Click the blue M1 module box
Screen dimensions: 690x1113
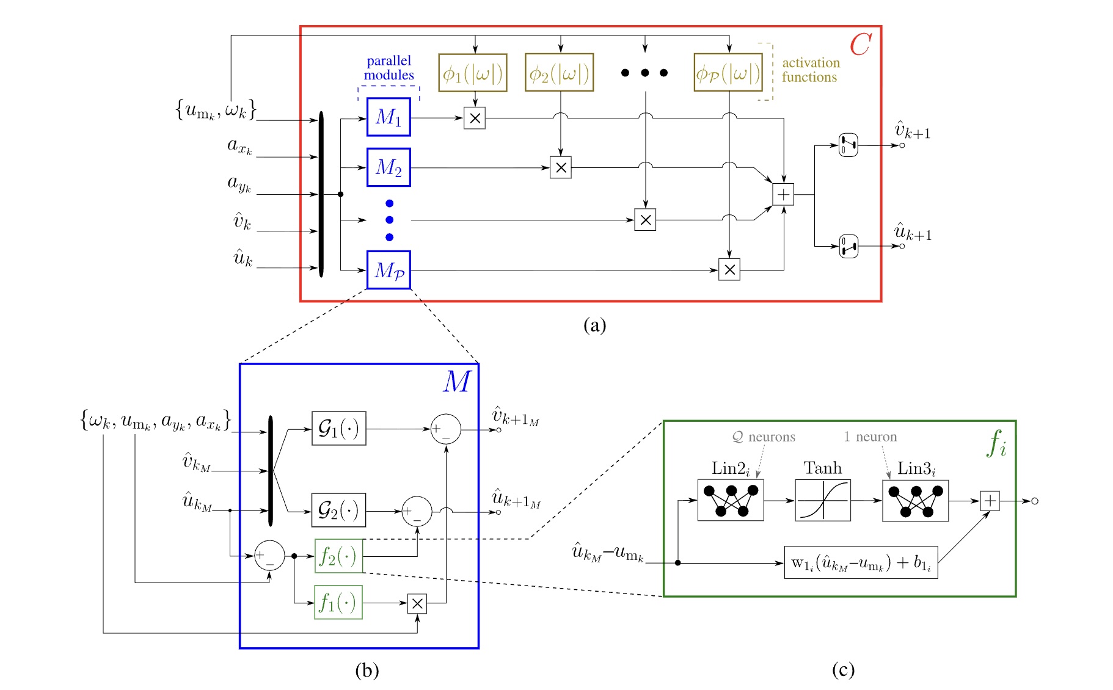point(388,117)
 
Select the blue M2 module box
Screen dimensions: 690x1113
point(388,167)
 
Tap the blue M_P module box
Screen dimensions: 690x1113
point(388,269)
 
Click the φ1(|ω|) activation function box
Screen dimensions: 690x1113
point(472,73)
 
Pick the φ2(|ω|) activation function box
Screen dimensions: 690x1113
point(559,73)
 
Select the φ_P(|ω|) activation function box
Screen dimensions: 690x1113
point(728,73)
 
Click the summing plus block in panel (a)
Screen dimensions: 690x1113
point(783,195)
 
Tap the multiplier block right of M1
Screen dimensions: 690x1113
point(475,118)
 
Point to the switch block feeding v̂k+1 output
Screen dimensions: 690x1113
point(848,145)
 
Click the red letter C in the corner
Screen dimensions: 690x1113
point(860,45)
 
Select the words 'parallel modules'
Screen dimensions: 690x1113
point(389,68)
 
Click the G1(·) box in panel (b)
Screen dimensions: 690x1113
point(338,429)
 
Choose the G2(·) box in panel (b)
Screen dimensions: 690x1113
point(338,510)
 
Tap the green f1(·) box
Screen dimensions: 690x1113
point(338,602)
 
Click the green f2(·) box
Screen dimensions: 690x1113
point(338,556)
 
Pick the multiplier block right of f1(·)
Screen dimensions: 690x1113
point(417,604)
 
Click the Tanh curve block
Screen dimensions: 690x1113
point(822,500)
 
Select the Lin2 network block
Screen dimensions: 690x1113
point(730,500)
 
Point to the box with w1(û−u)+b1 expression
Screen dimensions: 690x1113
point(860,562)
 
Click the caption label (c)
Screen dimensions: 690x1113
point(842,670)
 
